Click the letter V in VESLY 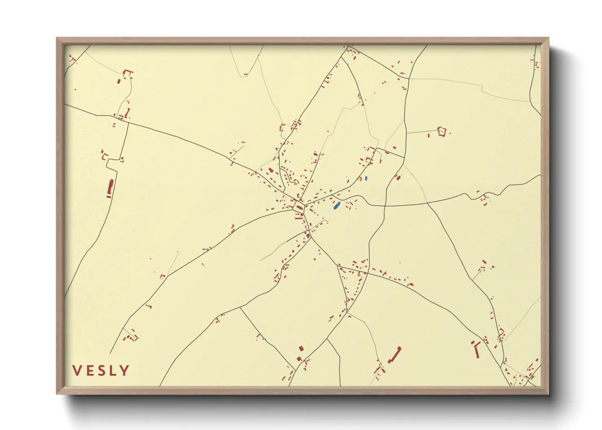pos(76,371)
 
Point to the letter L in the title pos(113,371)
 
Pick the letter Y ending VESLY pos(124,371)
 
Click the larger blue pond pos(337,206)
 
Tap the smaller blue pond pos(366,178)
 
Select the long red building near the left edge pos(110,189)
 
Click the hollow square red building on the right pos(442,131)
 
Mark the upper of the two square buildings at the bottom pos(301,349)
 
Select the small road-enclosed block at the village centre pos(299,207)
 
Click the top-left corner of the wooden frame pos(57,38)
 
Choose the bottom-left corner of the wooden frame pos(57,393)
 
